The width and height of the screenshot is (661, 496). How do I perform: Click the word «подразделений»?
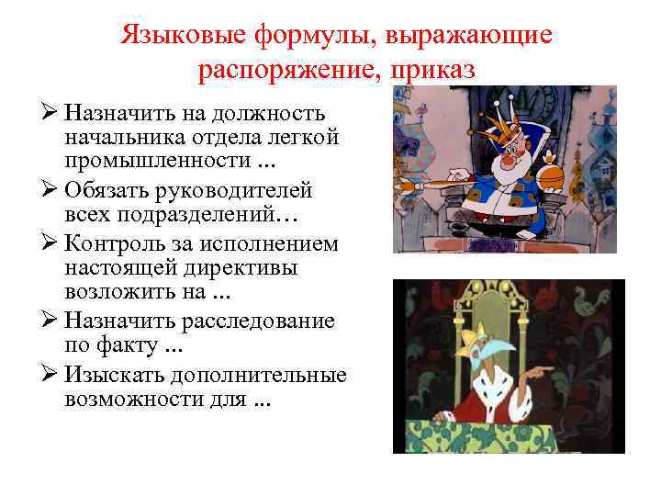pyautogui.click(x=210, y=213)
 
